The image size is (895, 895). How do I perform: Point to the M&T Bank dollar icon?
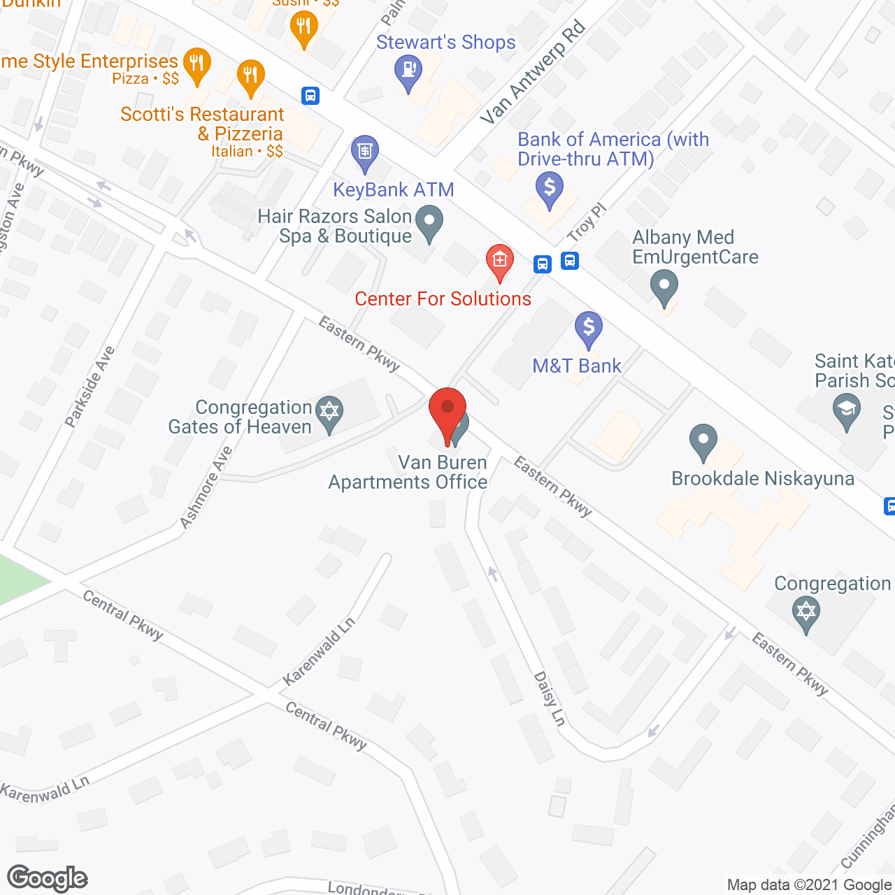point(589,327)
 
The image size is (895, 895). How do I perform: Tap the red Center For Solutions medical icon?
point(499,262)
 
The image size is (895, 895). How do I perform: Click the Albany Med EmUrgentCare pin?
point(664,287)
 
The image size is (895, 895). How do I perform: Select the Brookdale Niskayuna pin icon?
point(703,441)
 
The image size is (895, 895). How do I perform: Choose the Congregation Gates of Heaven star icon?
point(329,411)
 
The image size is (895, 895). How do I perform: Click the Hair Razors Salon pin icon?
point(429,222)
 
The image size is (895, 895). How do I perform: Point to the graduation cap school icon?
point(847,410)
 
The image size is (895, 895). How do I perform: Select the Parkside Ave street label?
point(89,386)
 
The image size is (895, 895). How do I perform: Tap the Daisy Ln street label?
point(550,698)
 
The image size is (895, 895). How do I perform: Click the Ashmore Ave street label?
point(206,487)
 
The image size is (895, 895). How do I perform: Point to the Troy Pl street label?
point(587,222)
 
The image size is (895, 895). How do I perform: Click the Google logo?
point(48,878)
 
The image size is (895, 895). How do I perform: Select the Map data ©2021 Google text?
point(809,885)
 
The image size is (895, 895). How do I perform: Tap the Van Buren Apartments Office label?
point(408,473)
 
